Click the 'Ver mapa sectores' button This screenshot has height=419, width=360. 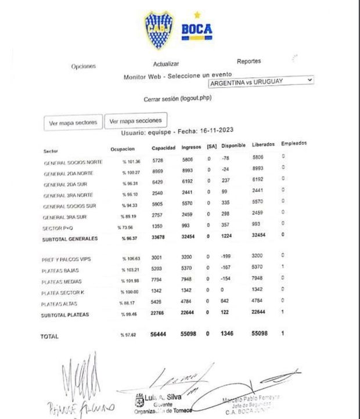click(x=73, y=122)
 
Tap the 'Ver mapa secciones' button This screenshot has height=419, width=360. click(x=135, y=121)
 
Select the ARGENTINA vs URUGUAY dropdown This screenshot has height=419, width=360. click(x=261, y=81)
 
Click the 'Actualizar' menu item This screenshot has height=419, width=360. click(x=166, y=64)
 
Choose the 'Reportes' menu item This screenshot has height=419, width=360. click(x=249, y=61)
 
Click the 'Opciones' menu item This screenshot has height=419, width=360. click(x=84, y=66)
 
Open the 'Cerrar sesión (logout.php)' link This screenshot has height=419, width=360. click(x=178, y=99)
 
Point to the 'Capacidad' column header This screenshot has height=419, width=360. click(x=164, y=147)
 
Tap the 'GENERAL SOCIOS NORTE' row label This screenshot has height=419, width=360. click(x=73, y=163)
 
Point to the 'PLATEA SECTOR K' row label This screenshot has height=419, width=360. click(x=64, y=292)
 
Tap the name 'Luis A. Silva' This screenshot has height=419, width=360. click(x=166, y=396)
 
